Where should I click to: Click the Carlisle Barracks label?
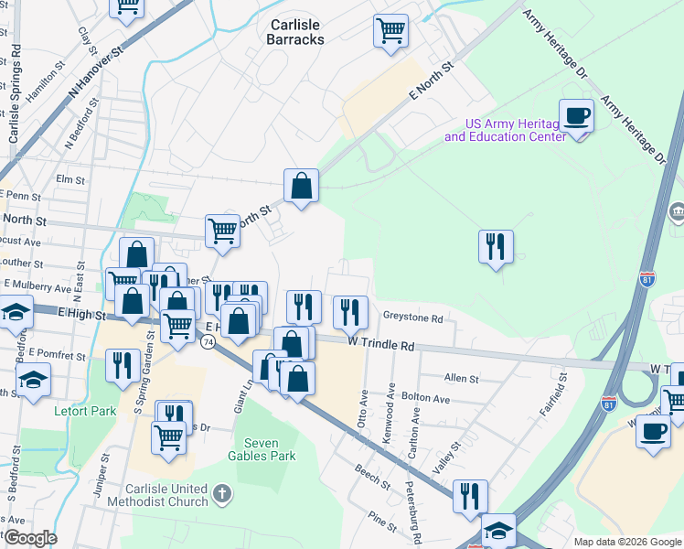tap(294, 32)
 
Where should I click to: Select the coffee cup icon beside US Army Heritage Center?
tap(576, 117)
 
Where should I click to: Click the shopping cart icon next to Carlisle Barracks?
tap(390, 31)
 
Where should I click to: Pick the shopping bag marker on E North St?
tap(301, 187)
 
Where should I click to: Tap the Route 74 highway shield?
tap(208, 341)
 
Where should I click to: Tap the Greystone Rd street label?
tap(413, 319)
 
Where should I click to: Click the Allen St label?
tap(461, 378)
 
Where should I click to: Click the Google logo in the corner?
tap(29, 538)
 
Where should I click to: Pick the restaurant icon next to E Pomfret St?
tap(122, 365)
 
